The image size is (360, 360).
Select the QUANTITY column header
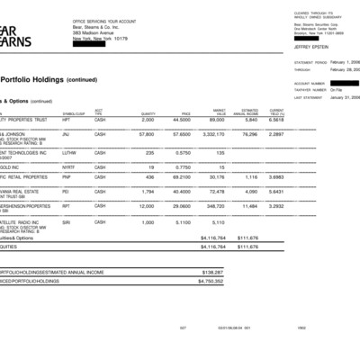tap(148, 112)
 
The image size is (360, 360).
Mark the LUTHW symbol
tap(70, 152)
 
